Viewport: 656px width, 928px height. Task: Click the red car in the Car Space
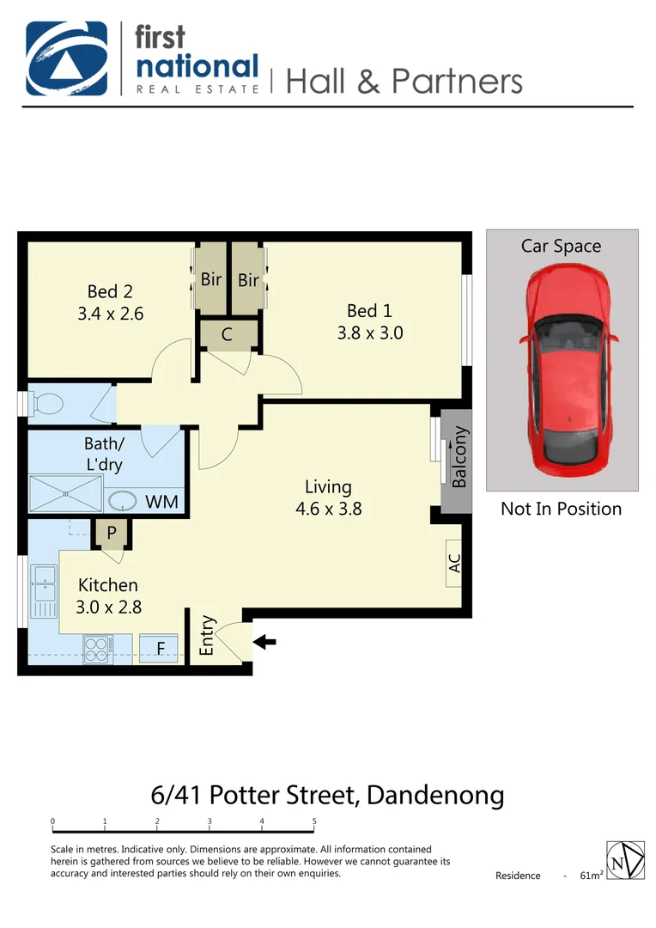562,373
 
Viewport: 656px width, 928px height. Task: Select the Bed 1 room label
369,310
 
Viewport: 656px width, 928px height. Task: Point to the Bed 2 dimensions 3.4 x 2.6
110,314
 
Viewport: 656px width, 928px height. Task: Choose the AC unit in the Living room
455,563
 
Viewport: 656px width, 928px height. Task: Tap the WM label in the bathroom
161,501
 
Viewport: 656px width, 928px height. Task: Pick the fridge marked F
160,649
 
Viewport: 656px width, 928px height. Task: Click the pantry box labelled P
112,534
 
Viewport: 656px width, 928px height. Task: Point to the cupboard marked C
227,335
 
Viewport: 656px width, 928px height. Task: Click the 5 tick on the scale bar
314,822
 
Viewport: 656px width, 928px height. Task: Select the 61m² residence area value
592,876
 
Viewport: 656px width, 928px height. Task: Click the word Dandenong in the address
435,794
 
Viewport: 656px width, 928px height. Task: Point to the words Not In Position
561,509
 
